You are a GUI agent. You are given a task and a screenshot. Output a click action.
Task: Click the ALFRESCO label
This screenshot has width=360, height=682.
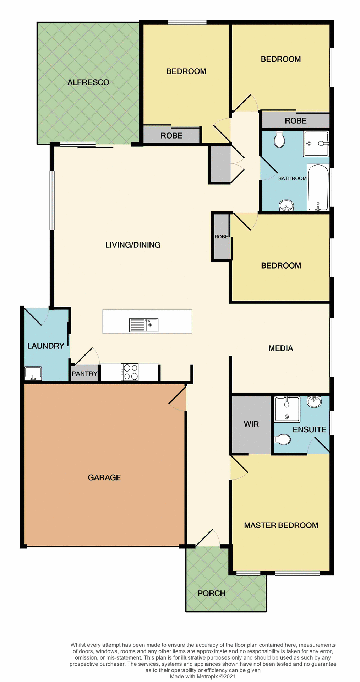(x=88, y=82)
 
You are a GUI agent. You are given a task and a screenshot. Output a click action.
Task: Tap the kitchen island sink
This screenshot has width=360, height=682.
(x=144, y=325)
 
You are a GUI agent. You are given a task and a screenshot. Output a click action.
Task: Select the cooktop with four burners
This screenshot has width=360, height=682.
(x=130, y=372)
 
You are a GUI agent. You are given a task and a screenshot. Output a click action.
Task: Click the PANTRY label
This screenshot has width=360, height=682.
(x=84, y=374)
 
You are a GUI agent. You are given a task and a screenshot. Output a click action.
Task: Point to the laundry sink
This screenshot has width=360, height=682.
(x=33, y=373)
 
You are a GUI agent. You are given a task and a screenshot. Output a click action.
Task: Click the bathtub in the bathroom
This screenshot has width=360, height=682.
(x=318, y=188)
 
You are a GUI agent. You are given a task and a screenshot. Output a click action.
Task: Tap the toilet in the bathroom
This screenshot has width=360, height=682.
(x=279, y=139)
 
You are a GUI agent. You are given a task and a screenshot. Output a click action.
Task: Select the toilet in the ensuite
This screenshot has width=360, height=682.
(x=282, y=439)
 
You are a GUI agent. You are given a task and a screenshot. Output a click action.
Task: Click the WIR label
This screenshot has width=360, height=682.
(x=251, y=424)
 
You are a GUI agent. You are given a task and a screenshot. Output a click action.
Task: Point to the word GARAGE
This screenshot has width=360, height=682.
(x=104, y=477)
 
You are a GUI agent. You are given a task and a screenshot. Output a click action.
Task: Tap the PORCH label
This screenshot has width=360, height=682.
(x=212, y=593)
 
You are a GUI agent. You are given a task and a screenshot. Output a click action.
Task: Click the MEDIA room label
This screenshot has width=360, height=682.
(x=281, y=348)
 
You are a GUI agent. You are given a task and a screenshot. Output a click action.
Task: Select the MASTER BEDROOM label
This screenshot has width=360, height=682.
(x=281, y=525)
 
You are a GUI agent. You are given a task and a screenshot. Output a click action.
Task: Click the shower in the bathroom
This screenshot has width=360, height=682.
(x=316, y=144)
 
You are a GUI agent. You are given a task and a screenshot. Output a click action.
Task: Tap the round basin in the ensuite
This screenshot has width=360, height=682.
(x=314, y=401)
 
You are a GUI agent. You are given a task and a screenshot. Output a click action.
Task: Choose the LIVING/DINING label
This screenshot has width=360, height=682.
(x=133, y=245)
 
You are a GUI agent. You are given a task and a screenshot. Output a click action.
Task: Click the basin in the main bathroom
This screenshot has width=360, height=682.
(x=287, y=206)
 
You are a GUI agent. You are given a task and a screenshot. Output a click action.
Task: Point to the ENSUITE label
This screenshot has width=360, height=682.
(x=309, y=429)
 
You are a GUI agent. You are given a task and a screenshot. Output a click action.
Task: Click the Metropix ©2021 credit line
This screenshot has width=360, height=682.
(x=203, y=676)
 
